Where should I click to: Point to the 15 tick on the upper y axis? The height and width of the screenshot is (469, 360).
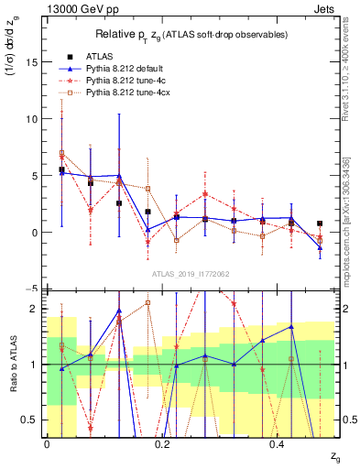pos(30,62)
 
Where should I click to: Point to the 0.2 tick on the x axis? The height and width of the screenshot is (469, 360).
pos(163,444)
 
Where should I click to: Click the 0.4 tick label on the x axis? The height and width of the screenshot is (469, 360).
pos(278,444)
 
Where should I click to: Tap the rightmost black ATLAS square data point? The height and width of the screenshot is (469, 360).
pos(320,224)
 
